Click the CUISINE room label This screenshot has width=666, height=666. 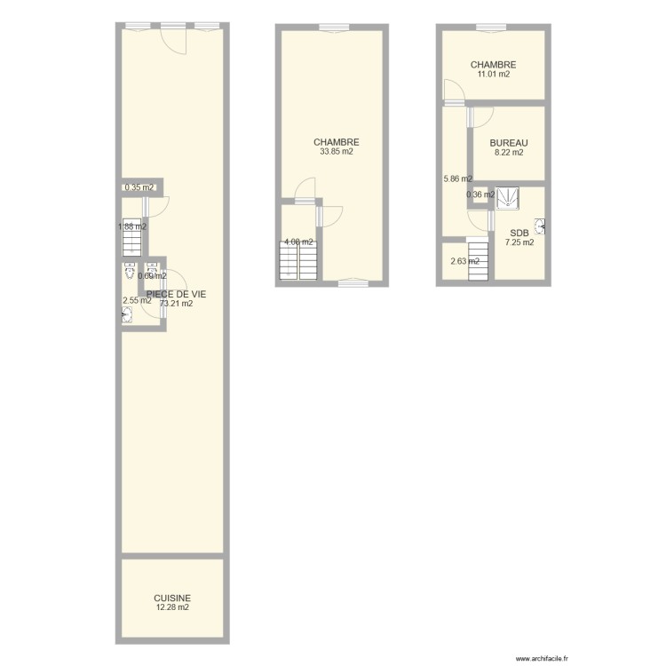pyautogui.click(x=172, y=599)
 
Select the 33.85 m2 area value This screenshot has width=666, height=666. pyautogui.click(x=337, y=152)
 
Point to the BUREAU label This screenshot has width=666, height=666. pyautogui.click(x=509, y=143)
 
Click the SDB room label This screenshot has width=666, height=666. pyautogui.click(x=519, y=233)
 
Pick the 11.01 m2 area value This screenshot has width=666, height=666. pyautogui.click(x=494, y=75)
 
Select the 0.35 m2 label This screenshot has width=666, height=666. pyautogui.click(x=139, y=187)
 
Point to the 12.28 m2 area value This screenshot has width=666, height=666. pyautogui.click(x=172, y=608)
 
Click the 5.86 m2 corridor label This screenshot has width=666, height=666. pyautogui.click(x=457, y=178)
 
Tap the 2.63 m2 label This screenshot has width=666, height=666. pyautogui.click(x=464, y=261)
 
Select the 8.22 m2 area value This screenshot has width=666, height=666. pyautogui.click(x=509, y=153)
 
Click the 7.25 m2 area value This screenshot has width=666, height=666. pyautogui.click(x=519, y=242)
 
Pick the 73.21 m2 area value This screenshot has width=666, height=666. pyautogui.click(x=176, y=304)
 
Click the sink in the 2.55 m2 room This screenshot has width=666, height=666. pyautogui.click(x=128, y=312)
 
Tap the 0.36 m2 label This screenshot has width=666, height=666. pyautogui.click(x=480, y=194)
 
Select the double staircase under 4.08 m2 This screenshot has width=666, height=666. pyautogui.click(x=298, y=262)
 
